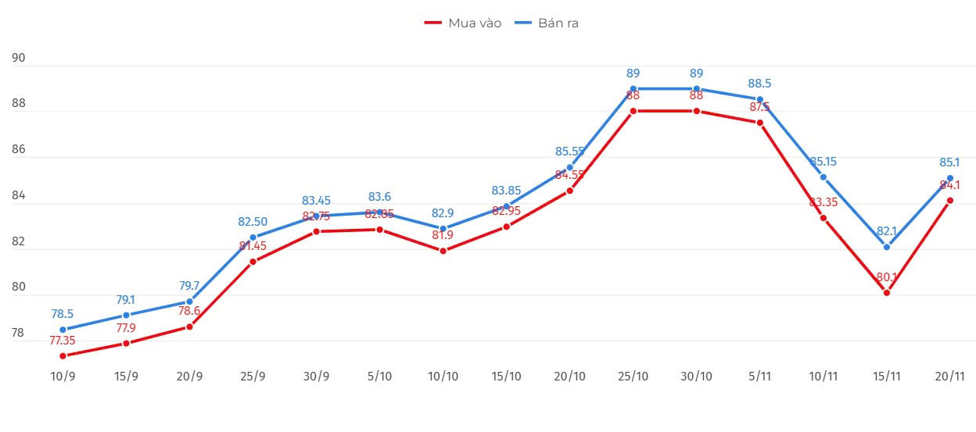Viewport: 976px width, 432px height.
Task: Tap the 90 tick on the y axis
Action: click(19, 59)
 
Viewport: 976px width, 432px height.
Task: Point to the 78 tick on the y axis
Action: click(19, 334)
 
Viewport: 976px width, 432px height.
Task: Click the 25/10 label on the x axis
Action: click(633, 376)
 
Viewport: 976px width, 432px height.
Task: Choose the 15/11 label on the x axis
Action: click(886, 376)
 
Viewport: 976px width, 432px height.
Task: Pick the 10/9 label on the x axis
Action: click(63, 376)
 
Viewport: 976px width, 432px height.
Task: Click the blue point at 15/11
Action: click(886, 247)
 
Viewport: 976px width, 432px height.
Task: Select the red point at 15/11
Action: click(886, 293)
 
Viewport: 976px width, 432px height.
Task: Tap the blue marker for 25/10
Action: click(633, 89)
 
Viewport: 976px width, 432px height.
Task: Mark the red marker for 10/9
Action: click(63, 356)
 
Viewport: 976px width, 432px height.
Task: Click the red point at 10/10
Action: click(443, 251)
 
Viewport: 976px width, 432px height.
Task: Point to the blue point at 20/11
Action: click(949, 178)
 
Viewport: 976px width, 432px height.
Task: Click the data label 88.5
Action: click(759, 84)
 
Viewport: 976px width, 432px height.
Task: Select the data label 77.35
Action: click(63, 341)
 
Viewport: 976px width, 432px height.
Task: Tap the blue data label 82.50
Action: click(253, 222)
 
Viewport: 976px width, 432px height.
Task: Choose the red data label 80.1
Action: click(886, 277)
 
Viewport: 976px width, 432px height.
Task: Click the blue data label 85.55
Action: click(569, 152)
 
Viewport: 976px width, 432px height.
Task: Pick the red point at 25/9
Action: click(253, 262)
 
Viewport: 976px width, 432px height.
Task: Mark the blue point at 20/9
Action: click(189, 302)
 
